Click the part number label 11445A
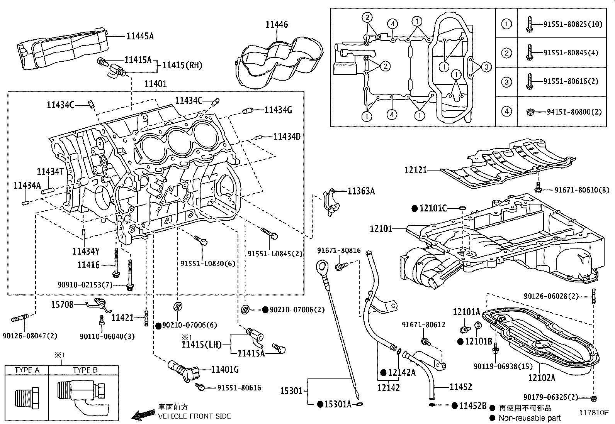(x=140, y=36)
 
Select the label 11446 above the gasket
(x=276, y=25)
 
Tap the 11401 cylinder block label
(x=155, y=84)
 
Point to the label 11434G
(x=278, y=110)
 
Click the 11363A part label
(x=361, y=191)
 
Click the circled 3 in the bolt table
(x=506, y=82)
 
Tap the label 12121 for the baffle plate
(x=416, y=170)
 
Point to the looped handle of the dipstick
(x=321, y=266)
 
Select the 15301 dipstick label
(x=291, y=391)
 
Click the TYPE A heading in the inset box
(x=27, y=370)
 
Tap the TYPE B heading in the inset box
(x=85, y=370)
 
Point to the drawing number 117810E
(x=593, y=412)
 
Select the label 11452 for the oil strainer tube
(x=460, y=387)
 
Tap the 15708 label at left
(x=62, y=305)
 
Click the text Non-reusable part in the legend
(x=530, y=417)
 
